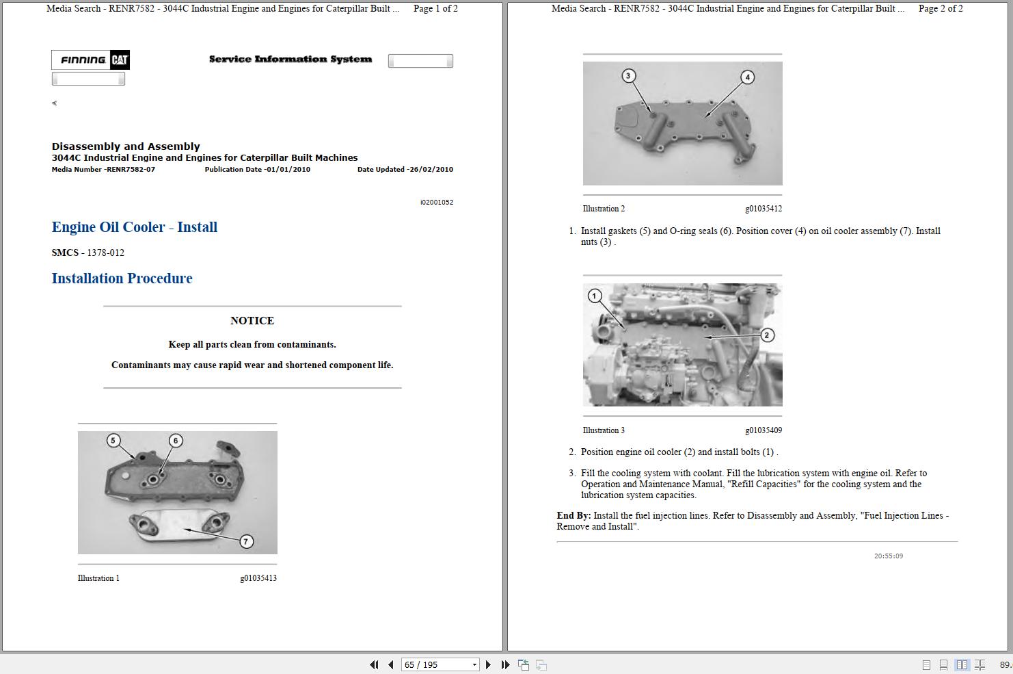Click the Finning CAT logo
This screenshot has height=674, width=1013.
point(91,60)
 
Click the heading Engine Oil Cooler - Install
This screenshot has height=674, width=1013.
point(135,227)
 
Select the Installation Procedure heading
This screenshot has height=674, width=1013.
point(122,278)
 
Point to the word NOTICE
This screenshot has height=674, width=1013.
point(252,321)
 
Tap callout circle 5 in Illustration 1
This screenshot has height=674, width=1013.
point(113,440)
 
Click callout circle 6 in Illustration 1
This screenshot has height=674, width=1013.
point(176,440)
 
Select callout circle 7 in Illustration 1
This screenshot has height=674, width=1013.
point(246,541)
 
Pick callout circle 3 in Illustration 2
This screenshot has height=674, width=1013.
point(628,75)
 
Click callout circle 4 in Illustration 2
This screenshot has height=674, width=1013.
point(747,77)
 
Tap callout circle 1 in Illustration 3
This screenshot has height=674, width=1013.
point(595,296)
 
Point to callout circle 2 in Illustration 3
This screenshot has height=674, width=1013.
point(767,335)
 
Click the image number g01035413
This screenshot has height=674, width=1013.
point(258,578)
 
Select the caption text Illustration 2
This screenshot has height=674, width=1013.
point(604,209)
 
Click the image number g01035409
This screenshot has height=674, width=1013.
point(764,430)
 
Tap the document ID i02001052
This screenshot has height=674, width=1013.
point(437,203)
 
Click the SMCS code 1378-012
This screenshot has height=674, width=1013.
point(105,253)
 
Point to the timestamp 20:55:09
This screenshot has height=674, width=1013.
point(889,556)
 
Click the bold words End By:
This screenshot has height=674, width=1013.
point(573,516)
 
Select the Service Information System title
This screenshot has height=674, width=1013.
point(291,60)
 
